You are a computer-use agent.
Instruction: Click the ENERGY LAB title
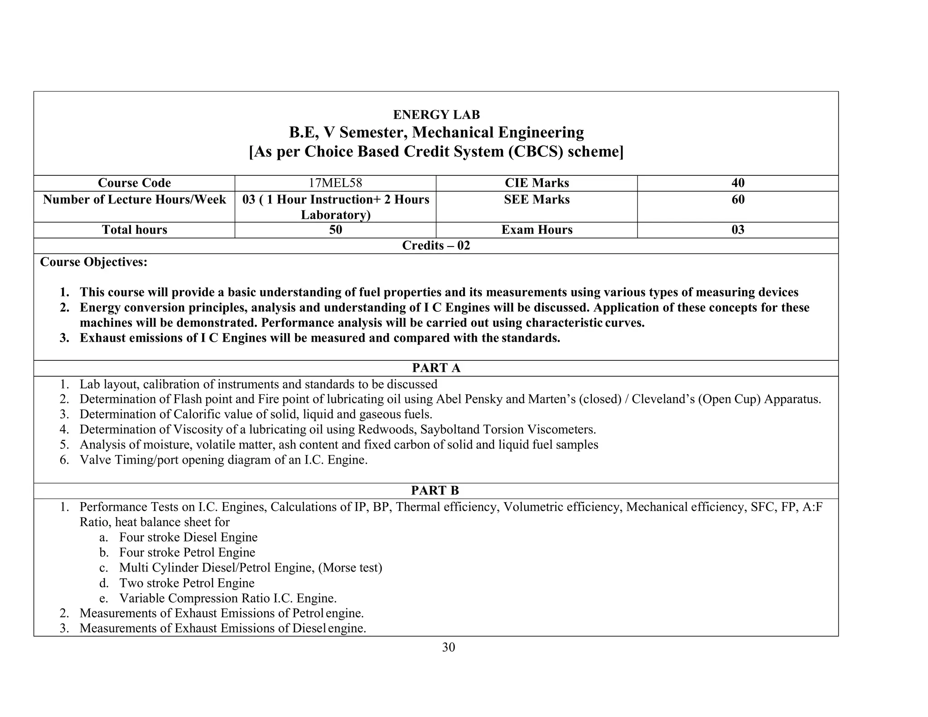click(x=436, y=115)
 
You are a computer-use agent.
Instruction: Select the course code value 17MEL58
click(x=335, y=183)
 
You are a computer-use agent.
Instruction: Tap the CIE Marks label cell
click(x=536, y=183)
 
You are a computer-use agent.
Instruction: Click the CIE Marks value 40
click(x=738, y=183)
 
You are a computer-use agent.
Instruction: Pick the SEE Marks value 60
click(x=738, y=200)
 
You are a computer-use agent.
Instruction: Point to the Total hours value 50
click(x=335, y=230)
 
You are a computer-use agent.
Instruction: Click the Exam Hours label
click(x=536, y=230)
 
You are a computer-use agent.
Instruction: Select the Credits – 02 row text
click(x=436, y=246)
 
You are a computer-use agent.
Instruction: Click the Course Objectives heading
click(x=94, y=262)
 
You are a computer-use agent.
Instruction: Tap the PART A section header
click(x=436, y=368)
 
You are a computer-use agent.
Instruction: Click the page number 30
click(x=448, y=648)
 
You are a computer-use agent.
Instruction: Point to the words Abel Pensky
click(x=464, y=399)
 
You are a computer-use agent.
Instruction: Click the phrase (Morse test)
click(x=350, y=568)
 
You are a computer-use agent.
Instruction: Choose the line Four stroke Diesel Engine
click(x=188, y=538)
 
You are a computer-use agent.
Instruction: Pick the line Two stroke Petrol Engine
click(x=187, y=583)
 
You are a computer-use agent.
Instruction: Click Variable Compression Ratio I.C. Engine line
click(x=228, y=599)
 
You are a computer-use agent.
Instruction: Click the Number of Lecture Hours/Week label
click(x=135, y=200)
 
